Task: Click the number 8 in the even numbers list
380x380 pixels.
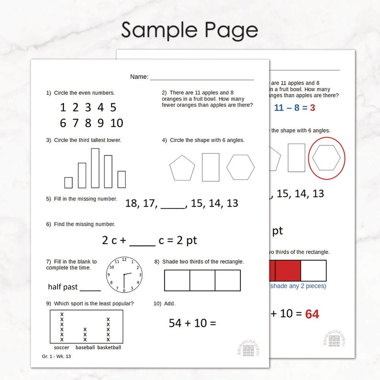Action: pos(88,123)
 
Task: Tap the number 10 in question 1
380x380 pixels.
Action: pos(116,123)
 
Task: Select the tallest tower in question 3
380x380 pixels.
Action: pos(95,168)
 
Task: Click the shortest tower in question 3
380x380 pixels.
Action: pos(68,182)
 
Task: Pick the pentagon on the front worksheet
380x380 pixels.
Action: pos(182,168)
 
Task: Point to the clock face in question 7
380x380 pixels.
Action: pos(124,275)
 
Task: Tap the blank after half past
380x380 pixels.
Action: pos(90,288)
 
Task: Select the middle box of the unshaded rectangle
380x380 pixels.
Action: pos(202,280)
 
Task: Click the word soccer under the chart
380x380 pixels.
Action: pos(62,347)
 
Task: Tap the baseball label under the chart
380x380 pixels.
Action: pos(85,347)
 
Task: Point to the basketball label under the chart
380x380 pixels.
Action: pos(109,347)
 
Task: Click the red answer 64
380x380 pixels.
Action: pos(312,314)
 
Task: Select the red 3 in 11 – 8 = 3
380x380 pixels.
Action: pos(313,108)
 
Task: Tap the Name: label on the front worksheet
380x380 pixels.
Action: pos(139,77)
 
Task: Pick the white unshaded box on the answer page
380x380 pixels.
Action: pos(313,270)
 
